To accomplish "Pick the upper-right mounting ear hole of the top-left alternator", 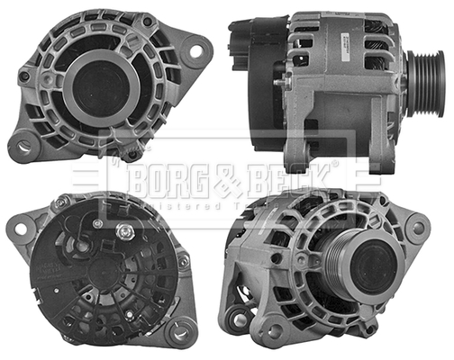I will pyautogui.click(x=194, y=51).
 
